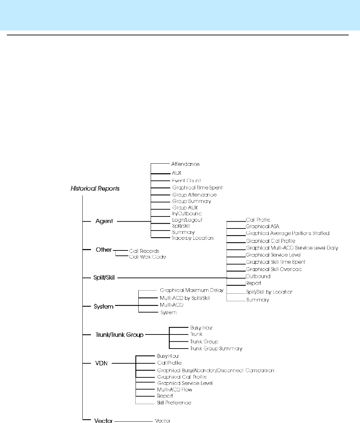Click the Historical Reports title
click(x=95, y=188)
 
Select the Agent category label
click(x=104, y=221)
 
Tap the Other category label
click(x=104, y=250)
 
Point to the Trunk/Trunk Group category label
click(x=119, y=334)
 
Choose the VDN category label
click(x=101, y=363)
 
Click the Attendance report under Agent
click(x=185, y=164)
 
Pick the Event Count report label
click(x=186, y=180)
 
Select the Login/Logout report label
click(x=187, y=220)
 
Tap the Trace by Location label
click(x=193, y=238)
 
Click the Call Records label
click(x=144, y=251)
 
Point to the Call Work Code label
click(x=148, y=257)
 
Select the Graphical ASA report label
click(x=263, y=226)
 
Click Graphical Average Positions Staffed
click(x=288, y=233)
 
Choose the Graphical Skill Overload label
click(x=274, y=269)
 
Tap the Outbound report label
click(x=258, y=276)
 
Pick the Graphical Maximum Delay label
click(x=191, y=290)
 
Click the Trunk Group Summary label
click(x=216, y=349)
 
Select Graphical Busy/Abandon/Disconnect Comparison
click(x=216, y=371)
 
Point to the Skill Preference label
click(x=174, y=402)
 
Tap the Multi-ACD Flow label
click(x=174, y=390)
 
